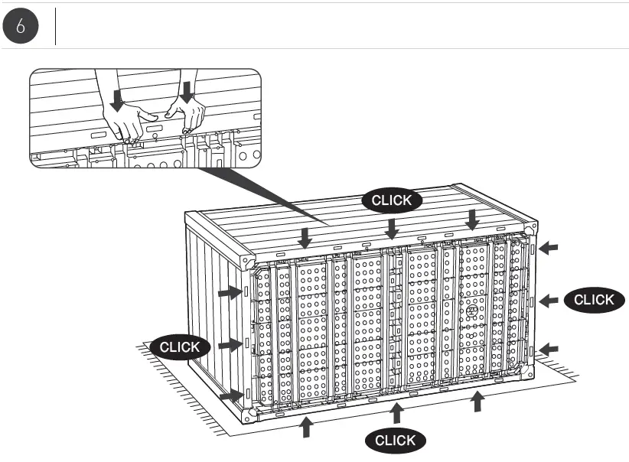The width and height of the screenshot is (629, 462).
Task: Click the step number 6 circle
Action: pos(21,26)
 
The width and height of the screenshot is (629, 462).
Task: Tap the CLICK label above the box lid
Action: pos(391,201)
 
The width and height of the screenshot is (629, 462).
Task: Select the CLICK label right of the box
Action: pos(594,300)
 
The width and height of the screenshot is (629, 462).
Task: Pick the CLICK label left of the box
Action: pos(179,346)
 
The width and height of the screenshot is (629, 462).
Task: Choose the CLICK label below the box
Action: pos(396,440)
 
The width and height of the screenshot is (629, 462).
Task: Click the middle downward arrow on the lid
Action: pos(392,228)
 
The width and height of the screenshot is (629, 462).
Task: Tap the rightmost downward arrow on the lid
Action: pos(473,220)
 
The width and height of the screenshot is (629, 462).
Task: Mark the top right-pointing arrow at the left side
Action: pos(229,292)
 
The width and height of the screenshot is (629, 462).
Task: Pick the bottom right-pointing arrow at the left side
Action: pos(229,396)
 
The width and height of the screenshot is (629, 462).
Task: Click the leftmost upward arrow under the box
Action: pos(307,427)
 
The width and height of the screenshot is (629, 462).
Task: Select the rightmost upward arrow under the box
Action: pos(478,401)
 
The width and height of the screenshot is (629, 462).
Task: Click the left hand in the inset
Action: pos(126,122)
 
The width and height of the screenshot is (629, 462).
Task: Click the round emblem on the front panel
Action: pos(471,312)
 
